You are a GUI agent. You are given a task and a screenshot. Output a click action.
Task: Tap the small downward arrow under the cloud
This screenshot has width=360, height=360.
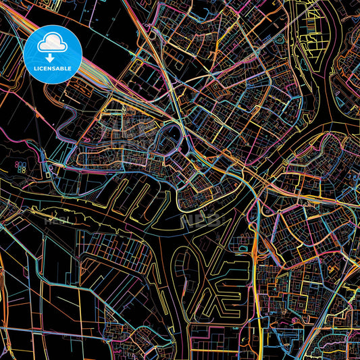point(52,48)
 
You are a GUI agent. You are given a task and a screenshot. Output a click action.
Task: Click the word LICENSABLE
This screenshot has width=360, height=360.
point(53,68)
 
